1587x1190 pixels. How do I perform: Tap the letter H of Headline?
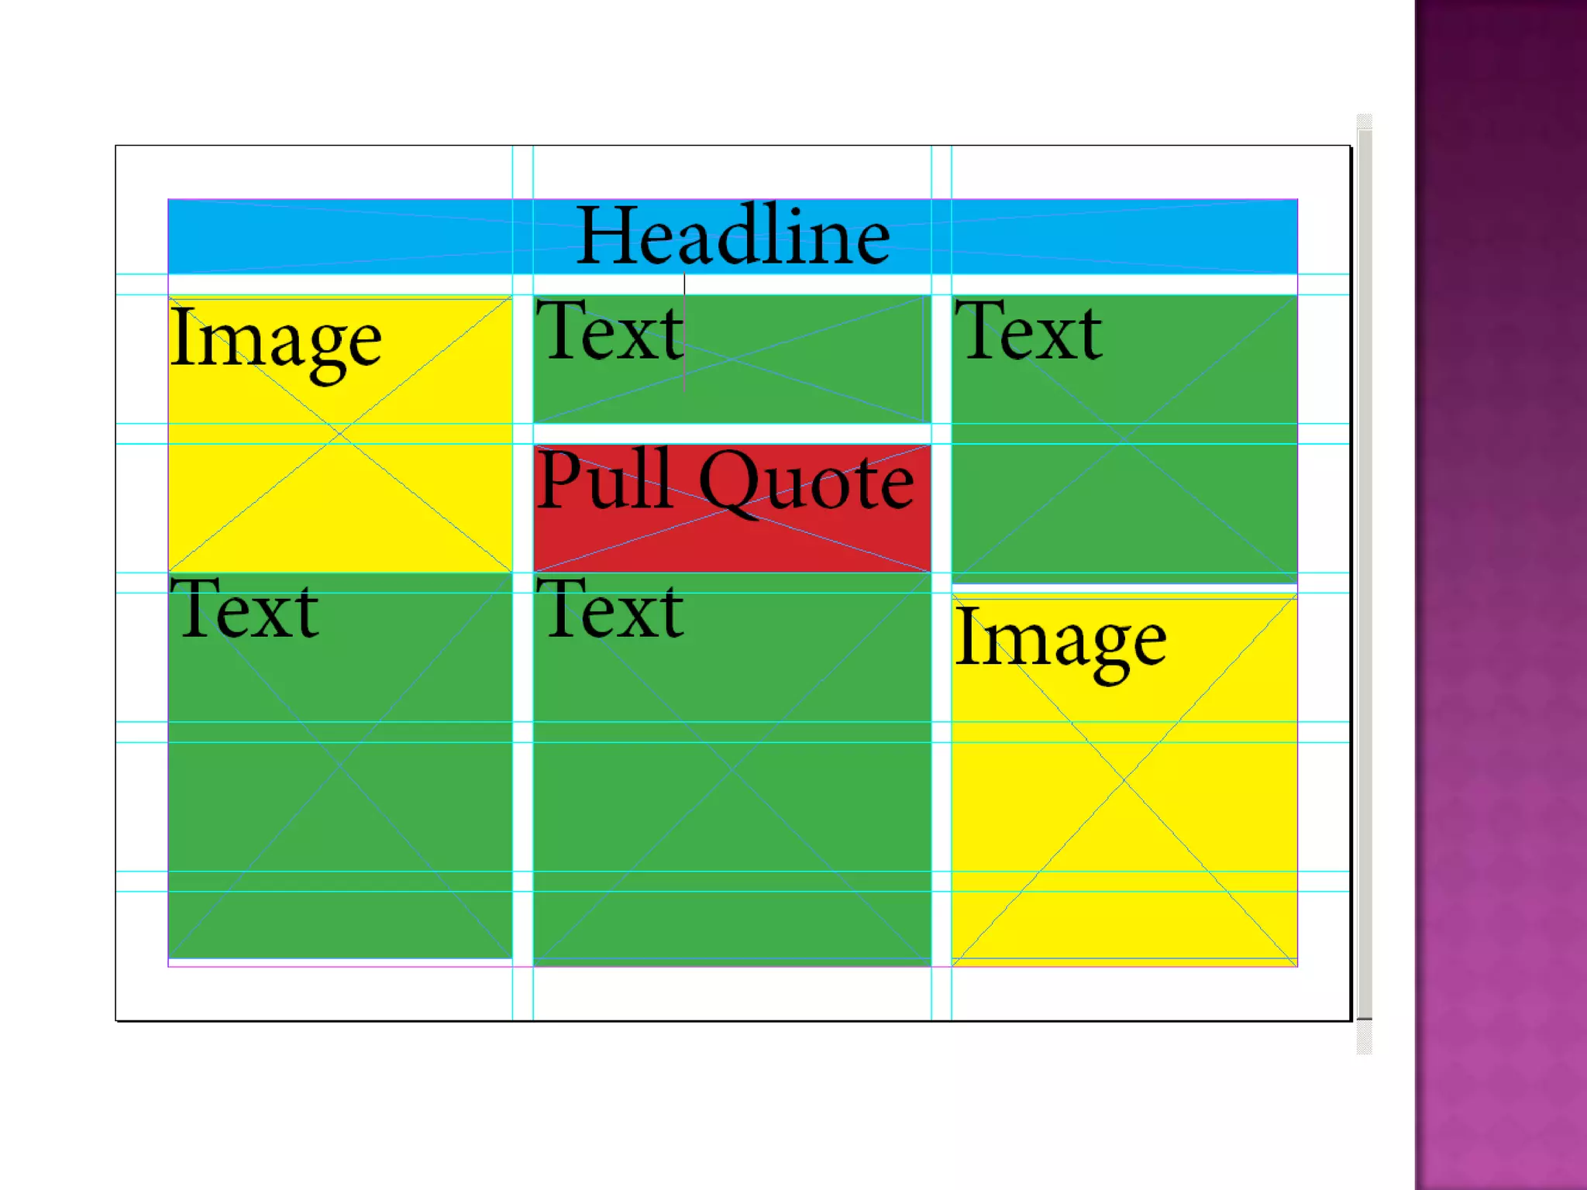tap(608, 236)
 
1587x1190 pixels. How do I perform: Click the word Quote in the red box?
tap(806, 482)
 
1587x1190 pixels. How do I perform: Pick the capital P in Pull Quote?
tap(559, 479)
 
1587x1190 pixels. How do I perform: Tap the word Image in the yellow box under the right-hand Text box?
tap(1060, 640)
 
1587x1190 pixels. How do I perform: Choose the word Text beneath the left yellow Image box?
tap(245, 610)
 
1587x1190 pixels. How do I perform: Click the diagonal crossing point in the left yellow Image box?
tap(339, 435)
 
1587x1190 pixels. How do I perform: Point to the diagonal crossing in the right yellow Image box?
tap(1124, 779)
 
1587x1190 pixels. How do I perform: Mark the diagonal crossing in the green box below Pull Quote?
tap(732, 769)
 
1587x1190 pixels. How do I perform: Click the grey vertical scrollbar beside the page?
tap(1365, 573)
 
